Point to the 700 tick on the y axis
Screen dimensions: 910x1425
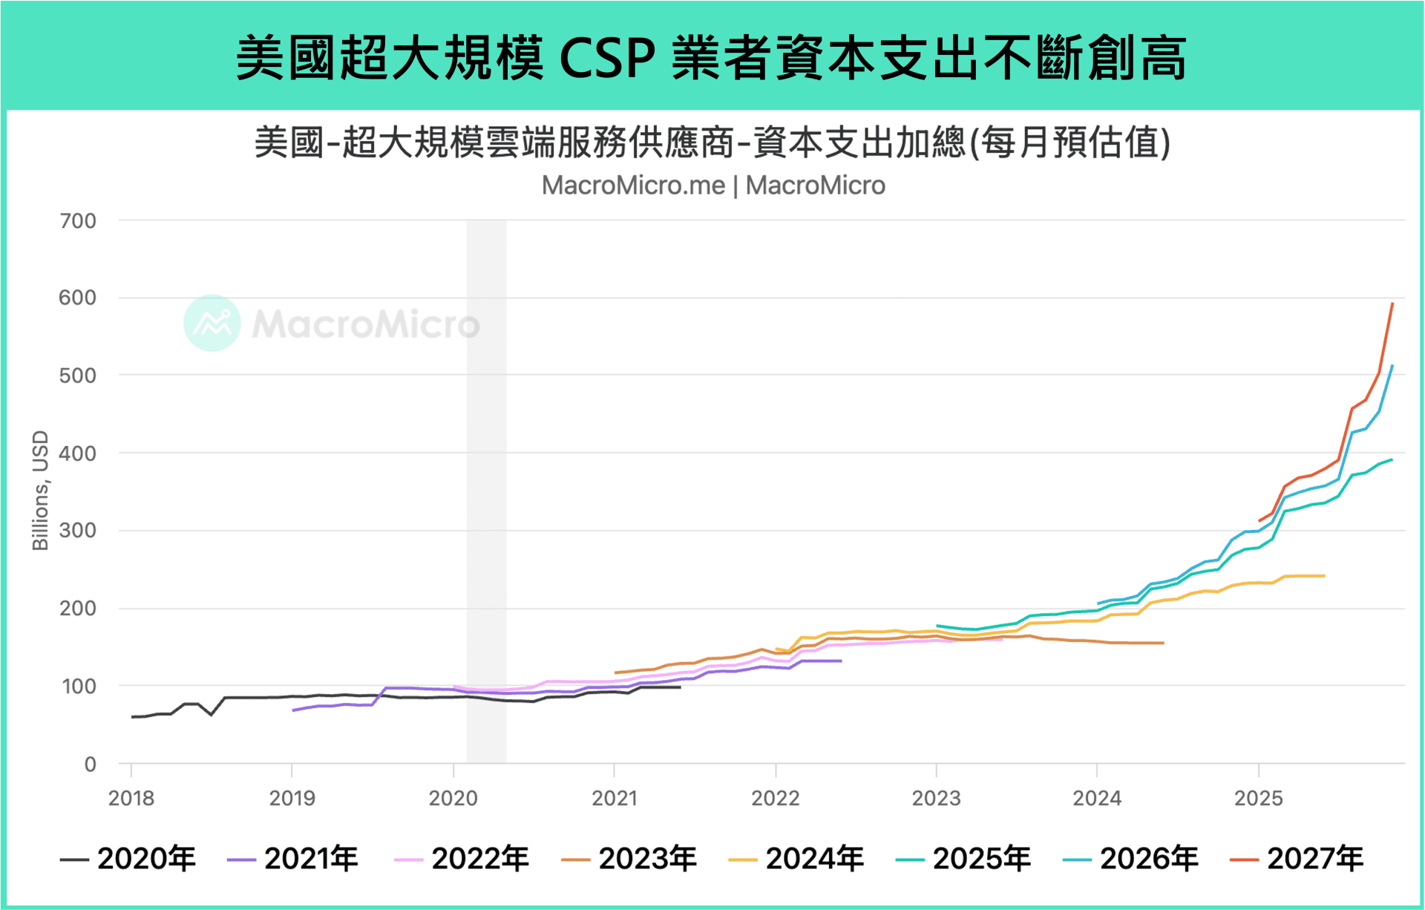pyautogui.click(x=78, y=221)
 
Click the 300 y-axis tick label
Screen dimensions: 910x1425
pyautogui.click(x=78, y=531)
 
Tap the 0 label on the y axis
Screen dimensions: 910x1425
pyautogui.click(x=90, y=765)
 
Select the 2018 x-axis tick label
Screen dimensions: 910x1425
pyautogui.click(x=131, y=799)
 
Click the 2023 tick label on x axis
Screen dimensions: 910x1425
pyautogui.click(x=936, y=799)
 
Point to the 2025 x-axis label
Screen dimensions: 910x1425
pyautogui.click(x=1258, y=799)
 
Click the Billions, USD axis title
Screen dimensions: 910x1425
pyautogui.click(x=40, y=491)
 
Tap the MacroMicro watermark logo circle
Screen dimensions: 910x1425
pyautogui.click(x=212, y=323)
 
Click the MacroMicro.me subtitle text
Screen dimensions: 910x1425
pyautogui.click(x=632, y=186)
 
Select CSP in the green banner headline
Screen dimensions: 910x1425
pyautogui.click(x=607, y=58)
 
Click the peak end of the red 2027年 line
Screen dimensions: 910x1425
pyautogui.click(x=1392, y=304)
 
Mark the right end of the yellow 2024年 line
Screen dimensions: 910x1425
pyautogui.click(x=1324, y=576)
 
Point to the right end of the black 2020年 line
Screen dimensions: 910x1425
pyautogui.click(x=680, y=687)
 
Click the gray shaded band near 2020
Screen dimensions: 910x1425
pyautogui.click(x=486, y=490)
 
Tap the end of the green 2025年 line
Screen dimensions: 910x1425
pyautogui.click(x=1392, y=459)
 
